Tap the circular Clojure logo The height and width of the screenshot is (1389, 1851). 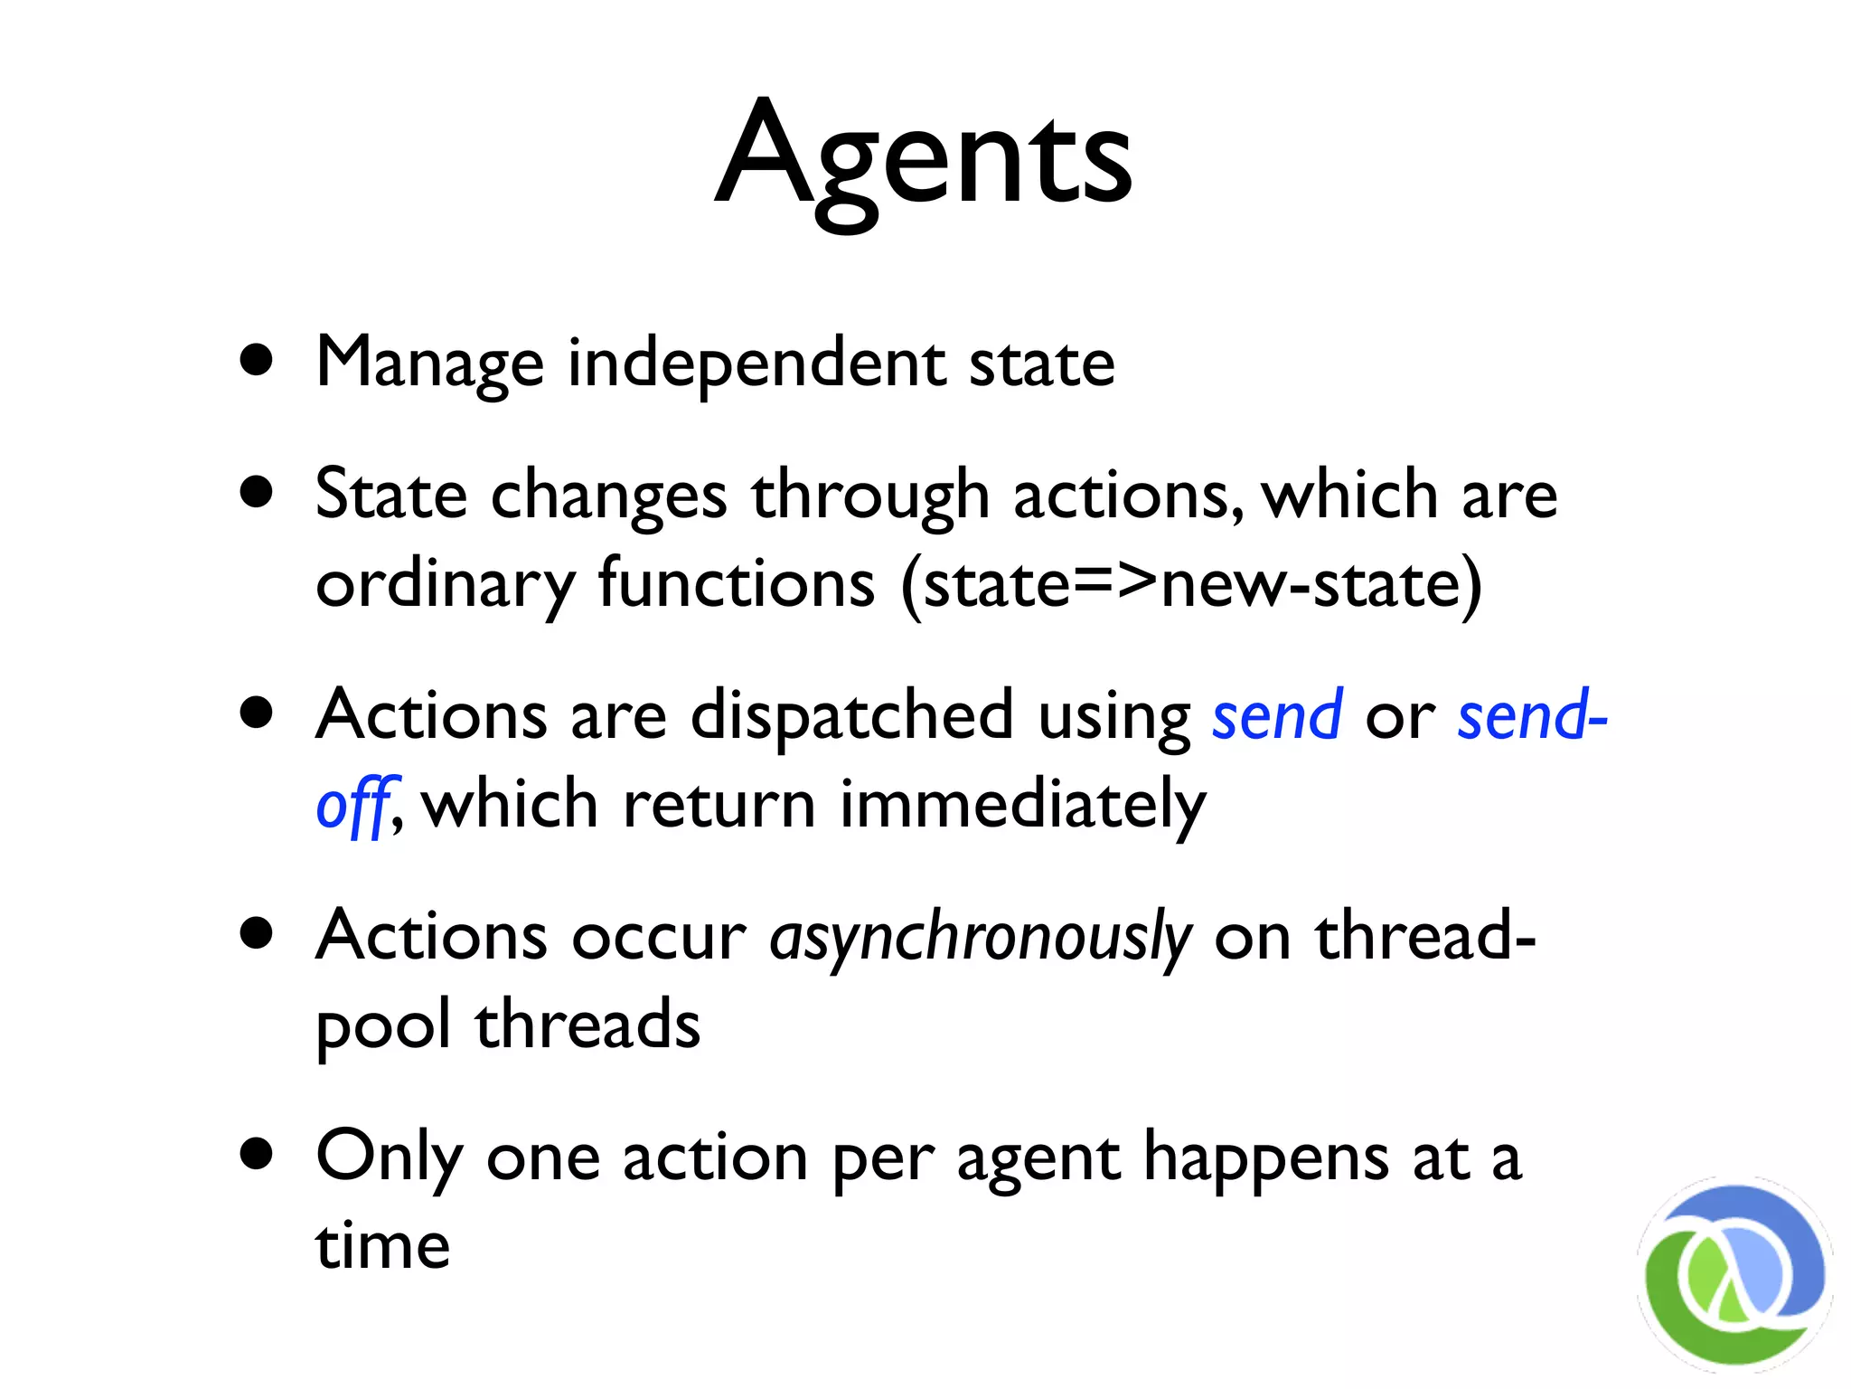[x=1734, y=1274]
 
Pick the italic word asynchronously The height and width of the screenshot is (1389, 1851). [x=981, y=938]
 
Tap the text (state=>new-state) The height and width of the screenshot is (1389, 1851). [x=1191, y=584]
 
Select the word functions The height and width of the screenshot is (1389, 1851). [x=737, y=583]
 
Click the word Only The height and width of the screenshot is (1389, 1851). [x=390, y=1158]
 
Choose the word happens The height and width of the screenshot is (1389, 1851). [x=1266, y=1158]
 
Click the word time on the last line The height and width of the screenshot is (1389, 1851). [x=382, y=1246]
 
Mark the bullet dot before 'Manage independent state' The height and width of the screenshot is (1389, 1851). [x=258, y=360]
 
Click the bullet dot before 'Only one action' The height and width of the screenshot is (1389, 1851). [x=258, y=1154]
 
